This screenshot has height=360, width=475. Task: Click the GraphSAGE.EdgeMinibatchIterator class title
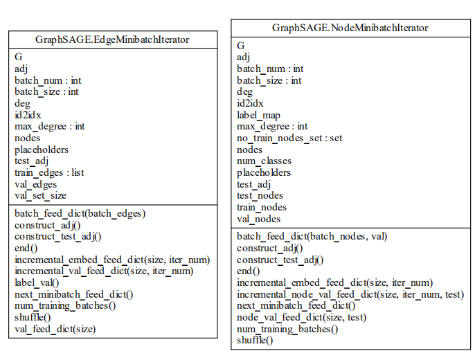(x=112, y=39)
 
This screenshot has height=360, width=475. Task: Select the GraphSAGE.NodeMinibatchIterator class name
(x=350, y=28)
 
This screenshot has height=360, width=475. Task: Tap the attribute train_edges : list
(x=49, y=172)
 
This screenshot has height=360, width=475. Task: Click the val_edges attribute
(x=35, y=184)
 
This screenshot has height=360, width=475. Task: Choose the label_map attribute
(x=258, y=115)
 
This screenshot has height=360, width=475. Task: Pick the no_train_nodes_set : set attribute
(x=289, y=138)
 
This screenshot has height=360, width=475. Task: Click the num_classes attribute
(x=264, y=161)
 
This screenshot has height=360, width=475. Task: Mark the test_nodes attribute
(x=260, y=196)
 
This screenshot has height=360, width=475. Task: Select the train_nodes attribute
(x=262, y=207)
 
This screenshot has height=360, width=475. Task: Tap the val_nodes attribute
(x=260, y=219)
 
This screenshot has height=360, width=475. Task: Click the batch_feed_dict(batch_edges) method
(x=80, y=213)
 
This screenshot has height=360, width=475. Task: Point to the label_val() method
(x=37, y=282)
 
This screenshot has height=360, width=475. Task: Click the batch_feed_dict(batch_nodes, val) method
(x=312, y=236)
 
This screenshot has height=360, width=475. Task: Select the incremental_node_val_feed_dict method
(x=350, y=294)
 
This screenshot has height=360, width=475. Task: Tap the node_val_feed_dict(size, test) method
(x=301, y=317)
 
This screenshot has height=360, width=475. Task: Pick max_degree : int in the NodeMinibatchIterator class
(x=272, y=127)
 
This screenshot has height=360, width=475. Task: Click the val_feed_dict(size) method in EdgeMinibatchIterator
(x=55, y=329)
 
